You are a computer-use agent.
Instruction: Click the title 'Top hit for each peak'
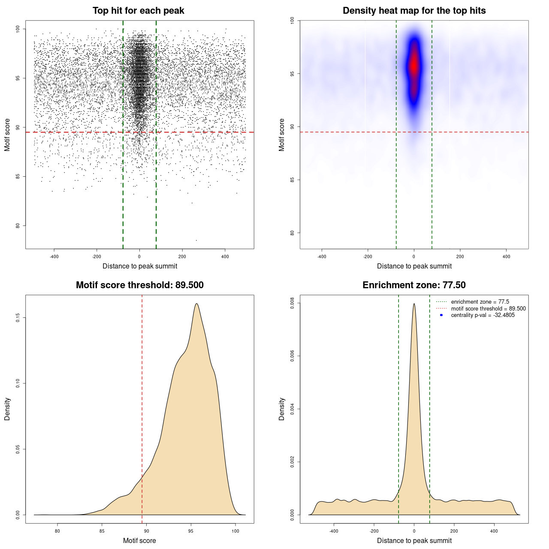(x=138, y=11)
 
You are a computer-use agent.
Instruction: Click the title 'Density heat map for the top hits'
(x=414, y=11)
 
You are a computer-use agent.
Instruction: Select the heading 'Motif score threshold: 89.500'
(x=139, y=285)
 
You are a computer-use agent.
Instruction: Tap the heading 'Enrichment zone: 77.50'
(x=414, y=285)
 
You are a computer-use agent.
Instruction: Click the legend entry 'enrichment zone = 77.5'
(x=480, y=302)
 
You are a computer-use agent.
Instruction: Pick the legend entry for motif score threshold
(x=488, y=309)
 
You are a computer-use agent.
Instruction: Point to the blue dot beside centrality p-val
(x=441, y=315)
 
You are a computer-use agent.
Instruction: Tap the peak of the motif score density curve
(x=196, y=304)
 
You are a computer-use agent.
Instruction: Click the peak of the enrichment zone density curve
(x=414, y=304)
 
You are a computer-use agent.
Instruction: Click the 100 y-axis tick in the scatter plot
(x=18, y=29)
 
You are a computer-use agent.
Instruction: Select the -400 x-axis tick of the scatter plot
(x=54, y=256)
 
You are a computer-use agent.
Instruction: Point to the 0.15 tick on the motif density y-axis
(x=18, y=317)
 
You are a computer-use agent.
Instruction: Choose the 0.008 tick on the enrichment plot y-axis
(x=293, y=303)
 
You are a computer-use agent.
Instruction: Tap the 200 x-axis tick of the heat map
(x=460, y=256)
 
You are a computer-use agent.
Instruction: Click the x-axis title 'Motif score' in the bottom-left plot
(x=139, y=540)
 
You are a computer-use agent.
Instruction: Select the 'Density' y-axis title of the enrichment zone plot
(x=282, y=409)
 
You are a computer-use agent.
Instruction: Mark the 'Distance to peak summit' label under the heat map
(x=414, y=266)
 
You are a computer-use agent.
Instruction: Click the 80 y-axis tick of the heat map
(x=293, y=233)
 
